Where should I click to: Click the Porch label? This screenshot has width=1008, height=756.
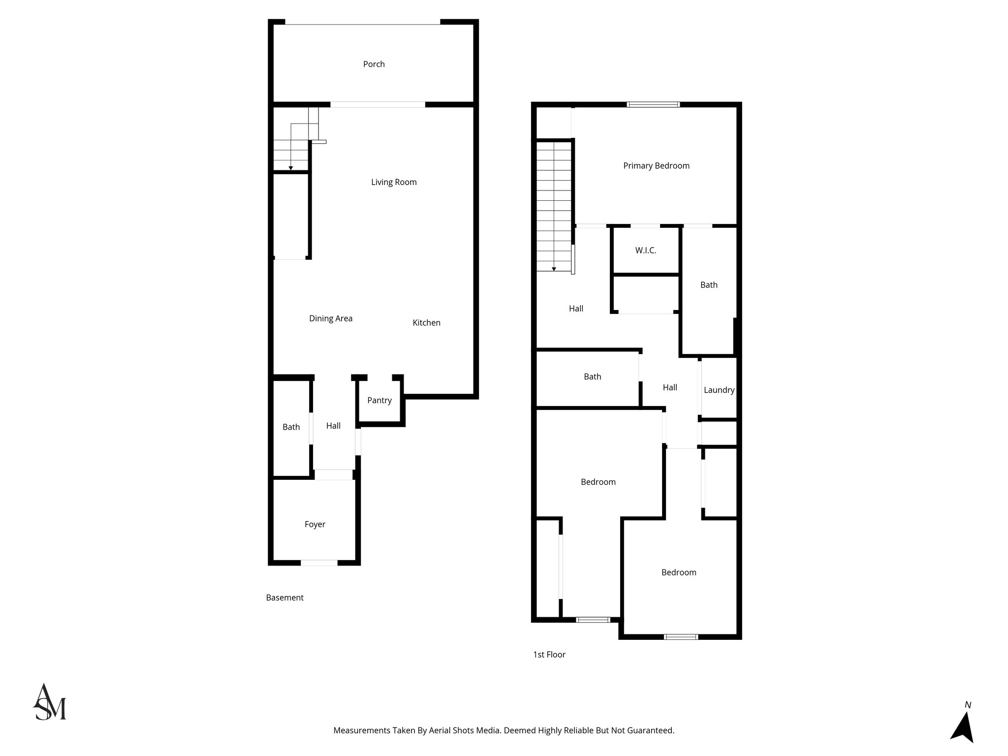pyautogui.click(x=374, y=64)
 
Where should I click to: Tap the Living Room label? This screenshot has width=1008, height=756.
pyautogui.click(x=394, y=182)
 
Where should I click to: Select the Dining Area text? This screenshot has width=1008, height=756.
pyautogui.click(x=331, y=318)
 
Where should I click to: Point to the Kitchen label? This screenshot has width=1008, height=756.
pyautogui.click(x=426, y=323)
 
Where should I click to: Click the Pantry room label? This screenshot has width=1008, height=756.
pyautogui.click(x=379, y=401)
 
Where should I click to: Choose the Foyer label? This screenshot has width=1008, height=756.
pyautogui.click(x=315, y=525)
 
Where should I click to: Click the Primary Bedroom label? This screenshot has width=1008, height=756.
pyautogui.click(x=656, y=166)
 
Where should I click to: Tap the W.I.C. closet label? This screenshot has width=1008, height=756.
pyautogui.click(x=645, y=251)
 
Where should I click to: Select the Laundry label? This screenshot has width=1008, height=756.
pyautogui.click(x=719, y=390)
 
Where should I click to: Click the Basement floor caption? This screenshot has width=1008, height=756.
pyautogui.click(x=284, y=598)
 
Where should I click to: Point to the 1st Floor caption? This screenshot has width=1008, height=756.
pyautogui.click(x=549, y=655)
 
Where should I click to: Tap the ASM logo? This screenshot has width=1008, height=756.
pyautogui.click(x=49, y=702)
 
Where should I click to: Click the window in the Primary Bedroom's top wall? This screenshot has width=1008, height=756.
pyautogui.click(x=653, y=104)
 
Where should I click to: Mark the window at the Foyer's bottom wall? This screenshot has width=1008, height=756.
pyautogui.click(x=319, y=563)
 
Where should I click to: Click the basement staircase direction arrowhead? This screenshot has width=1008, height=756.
pyautogui.click(x=291, y=168)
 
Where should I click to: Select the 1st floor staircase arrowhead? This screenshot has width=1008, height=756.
pyautogui.click(x=554, y=269)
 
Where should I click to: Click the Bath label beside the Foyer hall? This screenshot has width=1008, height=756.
pyautogui.click(x=291, y=427)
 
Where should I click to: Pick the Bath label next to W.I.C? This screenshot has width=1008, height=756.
pyautogui.click(x=709, y=285)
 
